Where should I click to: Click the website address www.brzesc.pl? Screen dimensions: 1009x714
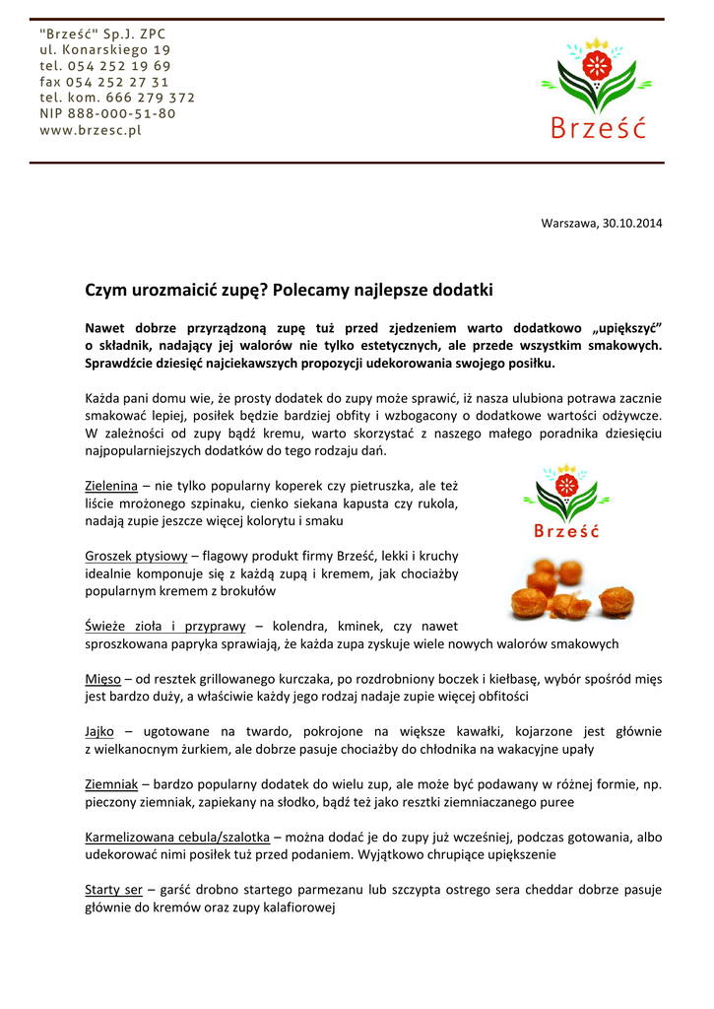(x=91, y=130)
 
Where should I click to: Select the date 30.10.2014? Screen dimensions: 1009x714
(x=630, y=223)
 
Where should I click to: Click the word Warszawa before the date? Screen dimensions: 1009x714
(x=568, y=223)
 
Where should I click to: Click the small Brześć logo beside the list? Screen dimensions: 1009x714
(x=566, y=503)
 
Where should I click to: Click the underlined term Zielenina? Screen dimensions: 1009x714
(x=111, y=486)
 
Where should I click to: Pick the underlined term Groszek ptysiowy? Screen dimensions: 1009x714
(x=136, y=557)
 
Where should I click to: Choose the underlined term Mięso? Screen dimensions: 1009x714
(x=103, y=679)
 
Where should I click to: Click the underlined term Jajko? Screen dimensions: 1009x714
(x=100, y=731)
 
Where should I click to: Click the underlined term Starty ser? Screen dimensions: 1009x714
(x=114, y=890)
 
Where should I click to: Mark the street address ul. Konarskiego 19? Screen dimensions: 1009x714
(x=105, y=49)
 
